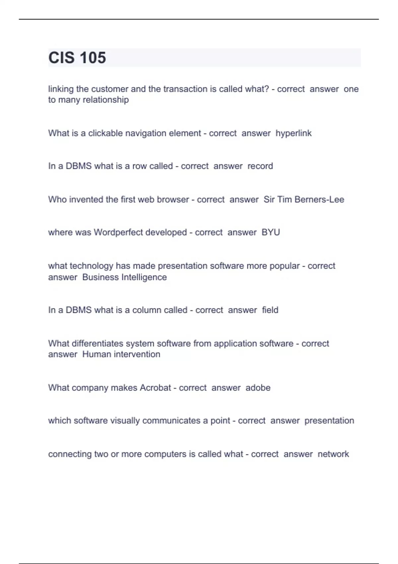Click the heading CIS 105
77,58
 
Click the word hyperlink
294,133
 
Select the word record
260,166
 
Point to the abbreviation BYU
271,232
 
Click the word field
270,310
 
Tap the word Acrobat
155,388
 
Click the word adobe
258,388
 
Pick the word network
333,454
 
